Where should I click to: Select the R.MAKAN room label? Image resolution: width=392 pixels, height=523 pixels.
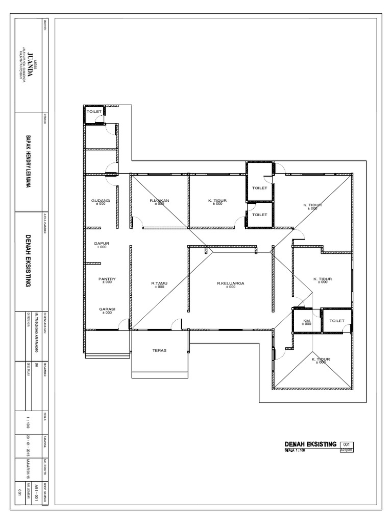point(160,201)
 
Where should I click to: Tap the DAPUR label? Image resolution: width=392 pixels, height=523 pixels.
point(101,244)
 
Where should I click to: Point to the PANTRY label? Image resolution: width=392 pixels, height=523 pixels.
point(107,279)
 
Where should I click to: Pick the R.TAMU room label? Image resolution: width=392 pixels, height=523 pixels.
point(159,283)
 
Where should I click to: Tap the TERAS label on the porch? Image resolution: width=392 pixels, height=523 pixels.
point(159,350)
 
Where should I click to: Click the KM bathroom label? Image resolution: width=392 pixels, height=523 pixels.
point(307,321)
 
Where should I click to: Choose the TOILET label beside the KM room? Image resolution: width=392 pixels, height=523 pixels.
point(337,321)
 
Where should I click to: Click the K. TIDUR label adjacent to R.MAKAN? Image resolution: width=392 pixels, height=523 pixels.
point(217,201)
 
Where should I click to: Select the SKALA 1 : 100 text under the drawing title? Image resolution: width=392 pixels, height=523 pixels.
point(294,450)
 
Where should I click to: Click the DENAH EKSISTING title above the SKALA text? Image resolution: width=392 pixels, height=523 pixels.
point(310,444)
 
